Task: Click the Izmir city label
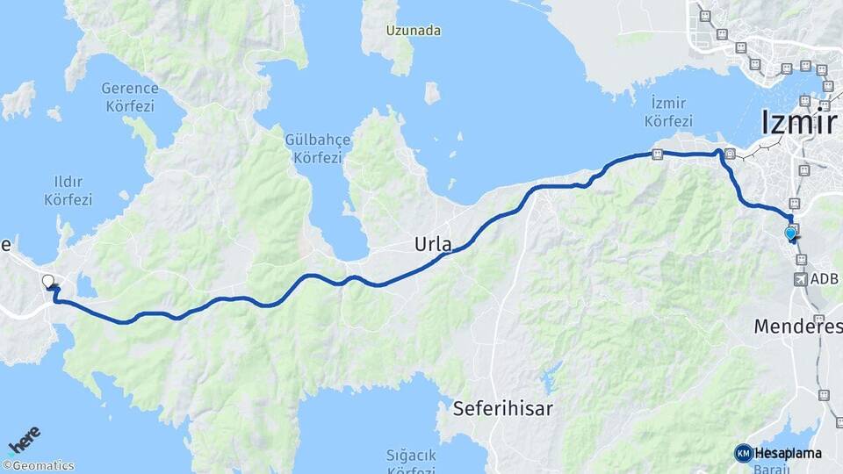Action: coord(799,122)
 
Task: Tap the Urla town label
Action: coord(433,246)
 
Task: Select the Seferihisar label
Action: coord(502,408)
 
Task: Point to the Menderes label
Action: coord(797,327)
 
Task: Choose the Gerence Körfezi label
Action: coord(129,97)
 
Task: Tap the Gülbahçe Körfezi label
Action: coord(317,148)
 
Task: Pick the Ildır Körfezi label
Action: coord(68,190)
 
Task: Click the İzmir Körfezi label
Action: coord(669,111)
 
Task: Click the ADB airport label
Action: coord(825,279)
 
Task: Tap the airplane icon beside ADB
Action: coord(801,279)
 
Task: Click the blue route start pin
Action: coord(791,233)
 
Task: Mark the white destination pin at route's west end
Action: coord(48,282)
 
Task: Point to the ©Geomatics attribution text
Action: coord(39,466)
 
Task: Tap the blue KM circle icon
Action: coord(743,453)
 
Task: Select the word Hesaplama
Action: coord(788,453)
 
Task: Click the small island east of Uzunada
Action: coord(432,92)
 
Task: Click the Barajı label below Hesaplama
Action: coord(782,468)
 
